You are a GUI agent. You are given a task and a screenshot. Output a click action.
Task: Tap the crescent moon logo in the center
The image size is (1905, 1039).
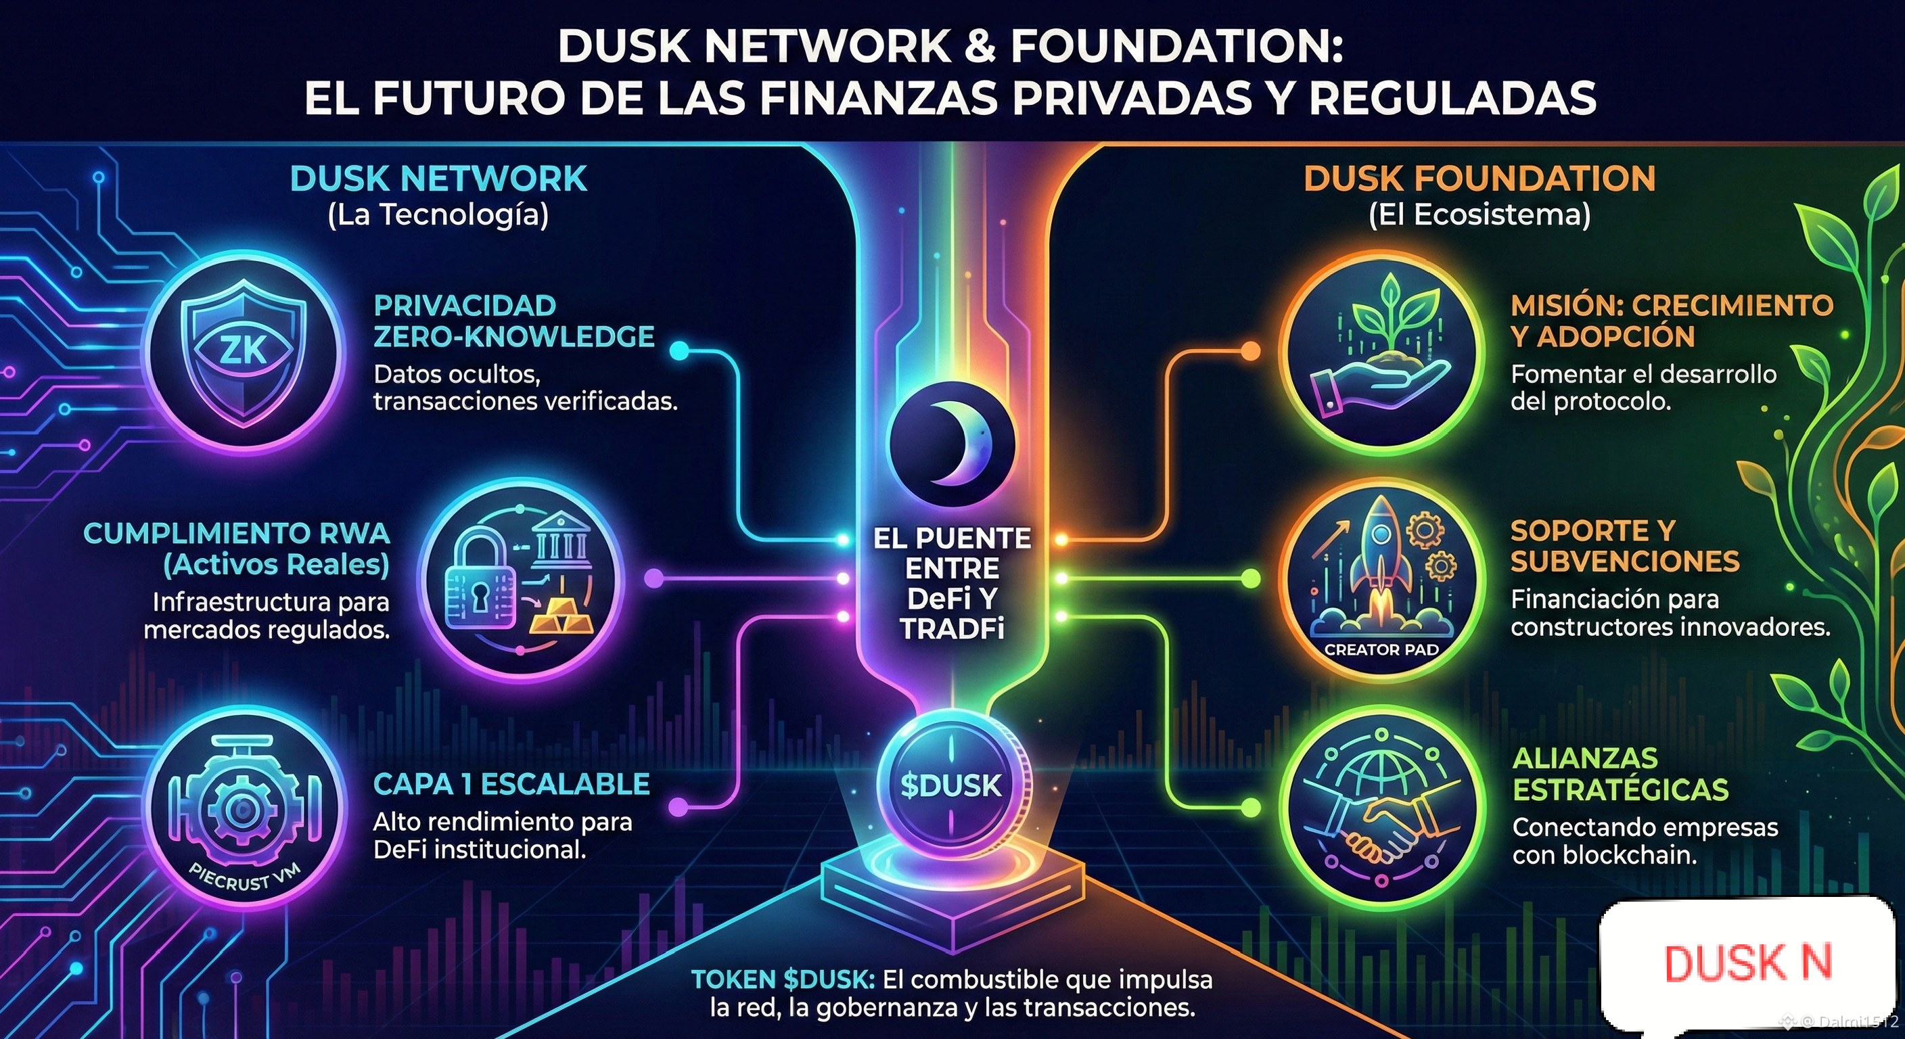(x=952, y=444)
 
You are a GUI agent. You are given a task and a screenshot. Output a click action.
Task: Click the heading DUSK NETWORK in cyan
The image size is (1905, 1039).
(x=438, y=179)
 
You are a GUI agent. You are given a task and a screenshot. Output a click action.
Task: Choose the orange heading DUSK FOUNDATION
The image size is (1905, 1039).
(x=1479, y=179)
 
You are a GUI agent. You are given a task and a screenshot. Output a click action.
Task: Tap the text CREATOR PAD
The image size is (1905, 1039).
(x=1381, y=650)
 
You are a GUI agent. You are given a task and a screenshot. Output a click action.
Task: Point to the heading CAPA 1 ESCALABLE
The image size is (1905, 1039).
(x=511, y=784)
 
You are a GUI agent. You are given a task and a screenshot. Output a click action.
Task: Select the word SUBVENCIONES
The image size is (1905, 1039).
(x=1625, y=562)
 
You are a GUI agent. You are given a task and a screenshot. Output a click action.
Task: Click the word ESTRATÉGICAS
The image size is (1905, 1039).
(x=1620, y=790)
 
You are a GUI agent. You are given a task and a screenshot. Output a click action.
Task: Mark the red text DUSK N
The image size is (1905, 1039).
(x=1747, y=962)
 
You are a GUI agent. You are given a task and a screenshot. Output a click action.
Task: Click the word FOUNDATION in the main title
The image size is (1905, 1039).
(x=1176, y=46)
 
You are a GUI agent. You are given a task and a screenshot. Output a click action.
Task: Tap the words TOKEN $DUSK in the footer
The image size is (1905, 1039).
(x=783, y=980)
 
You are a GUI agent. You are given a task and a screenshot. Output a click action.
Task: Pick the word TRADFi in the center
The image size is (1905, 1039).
(x=952, y=629)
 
